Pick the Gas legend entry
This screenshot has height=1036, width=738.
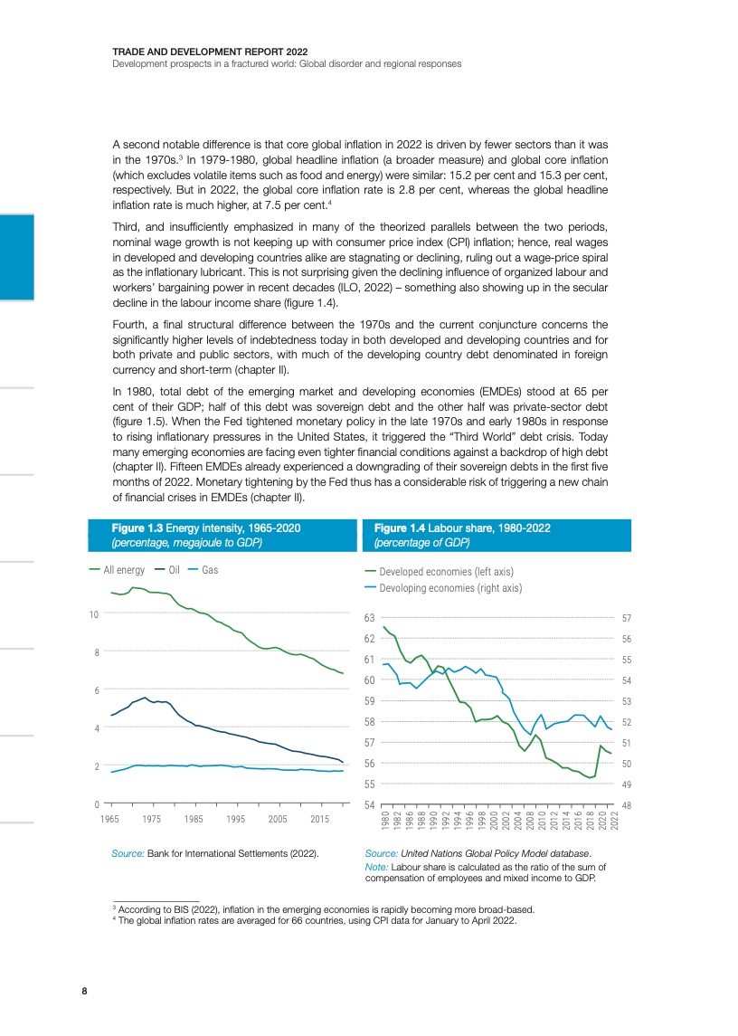coord(210,570)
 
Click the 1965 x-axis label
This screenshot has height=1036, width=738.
coord(111,819)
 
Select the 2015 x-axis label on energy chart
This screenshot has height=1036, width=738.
coord(320,819)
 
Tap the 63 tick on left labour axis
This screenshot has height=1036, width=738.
coord(370,618)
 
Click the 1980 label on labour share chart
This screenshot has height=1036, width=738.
coord(386,822)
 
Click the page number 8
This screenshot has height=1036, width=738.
coord(84,991)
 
